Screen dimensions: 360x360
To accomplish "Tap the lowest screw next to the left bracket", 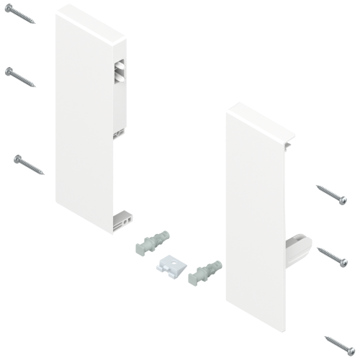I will [28, 165].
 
